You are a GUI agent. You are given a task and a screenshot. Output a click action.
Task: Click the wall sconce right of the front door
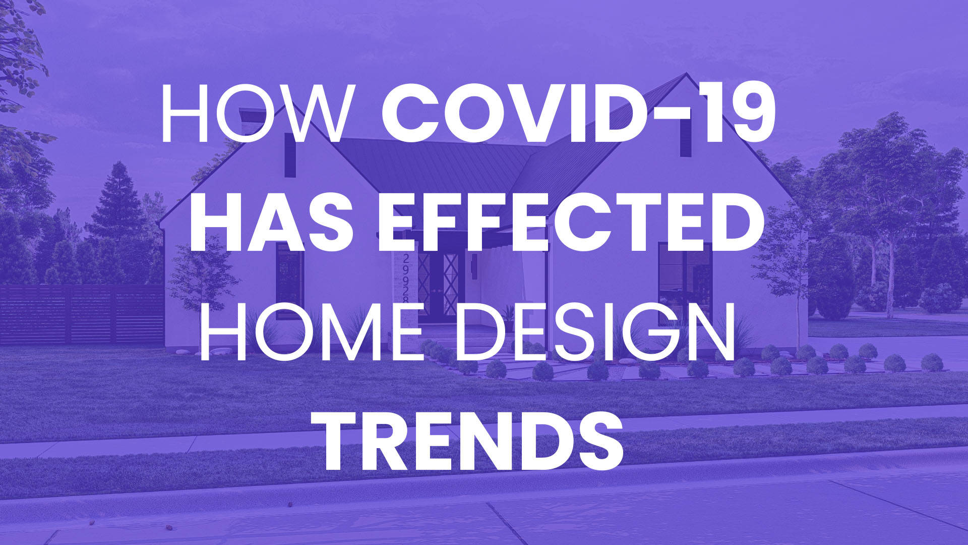tap(474, 262)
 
